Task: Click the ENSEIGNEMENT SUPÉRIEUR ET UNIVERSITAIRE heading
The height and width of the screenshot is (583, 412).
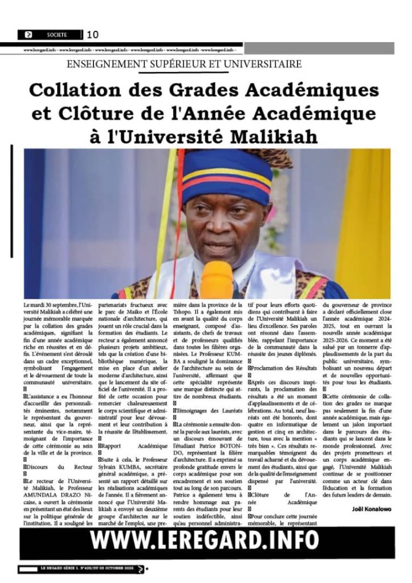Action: tap(184, 64)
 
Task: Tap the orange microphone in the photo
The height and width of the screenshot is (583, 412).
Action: tap(217, 280)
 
